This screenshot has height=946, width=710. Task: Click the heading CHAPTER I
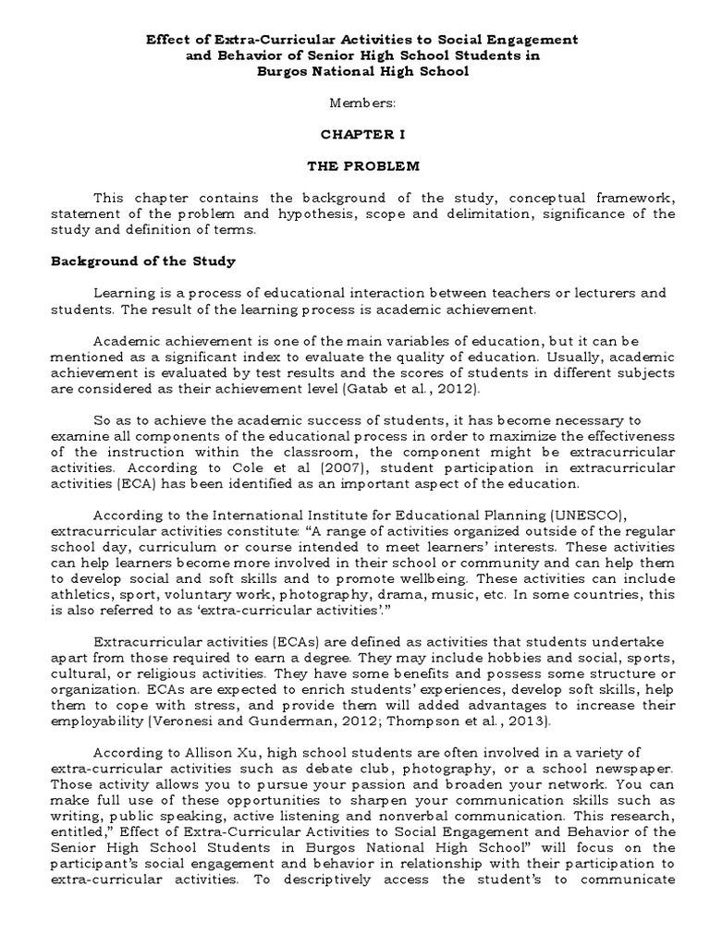pos(357,134)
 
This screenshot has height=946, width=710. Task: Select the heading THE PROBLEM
pos(357,166)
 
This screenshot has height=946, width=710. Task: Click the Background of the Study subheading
pos(142,261)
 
